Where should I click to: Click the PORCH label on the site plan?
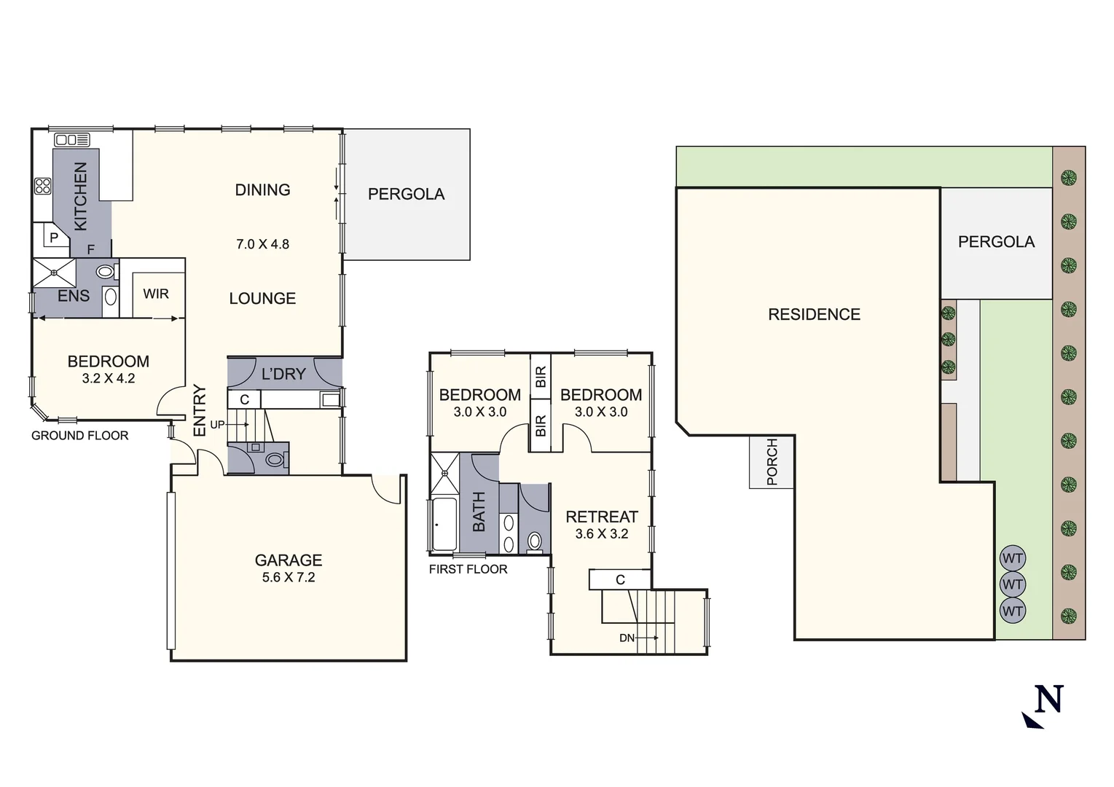point(772,462)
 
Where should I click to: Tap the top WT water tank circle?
point(1013,559)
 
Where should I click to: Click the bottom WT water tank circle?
point(1013,611)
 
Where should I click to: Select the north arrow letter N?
point(1049,700)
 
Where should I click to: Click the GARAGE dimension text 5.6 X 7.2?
point(289,577)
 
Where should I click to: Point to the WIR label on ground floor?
point(156,294)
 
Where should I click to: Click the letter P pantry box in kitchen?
point(54,238)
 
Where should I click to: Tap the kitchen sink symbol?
point(72,140)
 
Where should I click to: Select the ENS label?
point(74,296)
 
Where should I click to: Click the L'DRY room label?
point(283,374)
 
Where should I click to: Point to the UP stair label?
point(217,424)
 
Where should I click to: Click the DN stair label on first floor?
point(627,638)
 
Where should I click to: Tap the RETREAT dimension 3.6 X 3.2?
point(602,533)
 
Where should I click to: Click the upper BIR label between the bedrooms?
point(541,377)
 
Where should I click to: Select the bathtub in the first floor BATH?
point(444,524)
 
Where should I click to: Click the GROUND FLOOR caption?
point(80,436)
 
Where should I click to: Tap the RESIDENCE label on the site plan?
point(814,315)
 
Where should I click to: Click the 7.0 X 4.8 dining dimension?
point(262,244)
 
